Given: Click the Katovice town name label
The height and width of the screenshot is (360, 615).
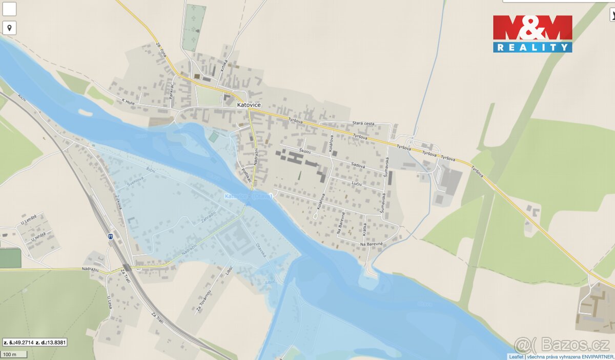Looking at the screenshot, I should pyautogui.click(x=249, y=105).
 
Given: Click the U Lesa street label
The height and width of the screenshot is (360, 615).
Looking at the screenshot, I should pyautogui.click(x=109, y=298).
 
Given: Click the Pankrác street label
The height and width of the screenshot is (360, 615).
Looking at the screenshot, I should pyautogui.click(x=173, y=91).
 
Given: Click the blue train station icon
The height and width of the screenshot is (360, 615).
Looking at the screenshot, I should pyautogui.click(x=110, y=236).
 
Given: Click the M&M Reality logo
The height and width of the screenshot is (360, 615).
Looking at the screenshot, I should pyautogui.click(x=532, y=34).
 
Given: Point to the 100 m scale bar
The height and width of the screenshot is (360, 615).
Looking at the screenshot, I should pyautogui.click(x=13, y=354).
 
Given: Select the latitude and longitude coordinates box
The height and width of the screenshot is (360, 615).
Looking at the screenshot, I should pyautogui.click(x=35, y=342).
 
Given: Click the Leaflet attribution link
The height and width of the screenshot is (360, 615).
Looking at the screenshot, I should pyautogui.click(x=516, y=356).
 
